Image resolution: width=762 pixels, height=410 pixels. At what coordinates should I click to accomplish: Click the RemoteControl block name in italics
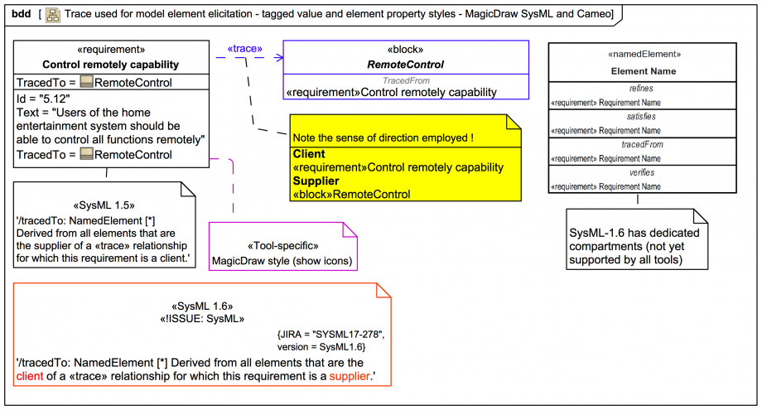click(x=405, y=64)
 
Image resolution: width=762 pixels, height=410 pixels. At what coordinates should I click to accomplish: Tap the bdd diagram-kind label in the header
click(x=21, y=14)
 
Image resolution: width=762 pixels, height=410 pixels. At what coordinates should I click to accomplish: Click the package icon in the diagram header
click(x=52, y=14)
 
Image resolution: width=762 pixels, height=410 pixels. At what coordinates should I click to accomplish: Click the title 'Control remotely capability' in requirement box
click(x=110, y=65)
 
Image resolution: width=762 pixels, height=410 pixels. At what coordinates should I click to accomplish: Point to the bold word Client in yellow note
click(x=309, y=154)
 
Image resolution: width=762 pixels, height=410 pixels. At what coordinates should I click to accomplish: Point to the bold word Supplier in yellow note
click(x=315, y=181)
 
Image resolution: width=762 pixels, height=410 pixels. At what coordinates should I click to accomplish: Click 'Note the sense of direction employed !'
click(x=383, y=137)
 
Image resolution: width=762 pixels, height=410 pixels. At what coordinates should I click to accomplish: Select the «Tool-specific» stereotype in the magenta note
click(x=282, y=246)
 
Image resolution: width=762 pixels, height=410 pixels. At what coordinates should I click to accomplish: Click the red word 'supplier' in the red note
click(x=348, y=376)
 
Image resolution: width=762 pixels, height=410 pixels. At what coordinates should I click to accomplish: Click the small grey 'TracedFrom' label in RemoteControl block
click(x=406, y=81)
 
